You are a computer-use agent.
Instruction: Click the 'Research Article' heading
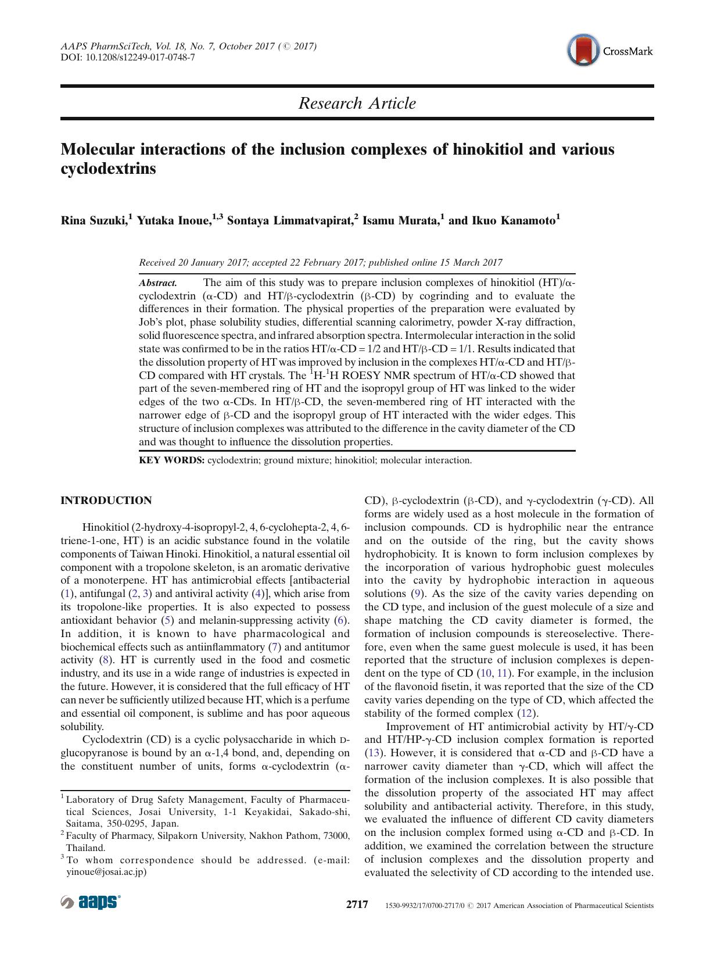click(357, 103)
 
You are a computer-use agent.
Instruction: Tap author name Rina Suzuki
click(94, 220)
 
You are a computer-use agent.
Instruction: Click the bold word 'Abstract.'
click(158, 283)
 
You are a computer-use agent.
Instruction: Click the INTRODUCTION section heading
click(106, 501)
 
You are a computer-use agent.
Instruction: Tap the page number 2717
click(357, 905)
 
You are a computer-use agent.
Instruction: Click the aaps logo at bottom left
click(91, 902)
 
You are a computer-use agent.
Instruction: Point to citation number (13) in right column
click(372, 753)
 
